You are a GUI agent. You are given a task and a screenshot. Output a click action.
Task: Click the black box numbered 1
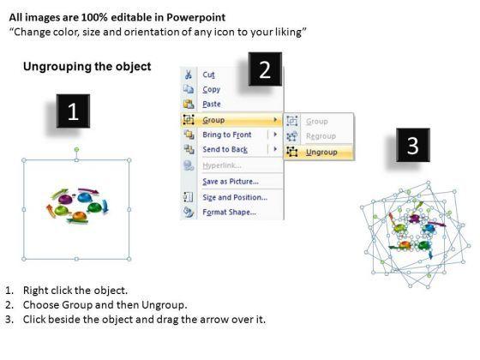click(x=73, y=111)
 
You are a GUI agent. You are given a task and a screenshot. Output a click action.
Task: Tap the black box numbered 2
click(x=265, y=69)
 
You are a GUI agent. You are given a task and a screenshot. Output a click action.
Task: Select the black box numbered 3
click(x=413, y=145)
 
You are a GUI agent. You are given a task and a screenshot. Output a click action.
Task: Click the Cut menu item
click(x=208, y=75)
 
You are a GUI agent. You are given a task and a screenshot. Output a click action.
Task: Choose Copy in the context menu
click(x=211, y=89)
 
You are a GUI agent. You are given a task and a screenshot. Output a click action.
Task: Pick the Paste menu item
click(x=212, y=104)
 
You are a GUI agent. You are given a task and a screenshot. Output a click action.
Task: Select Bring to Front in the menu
click(x=227, y=135)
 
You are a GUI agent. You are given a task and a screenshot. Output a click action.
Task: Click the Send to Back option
click(x=225, y=149)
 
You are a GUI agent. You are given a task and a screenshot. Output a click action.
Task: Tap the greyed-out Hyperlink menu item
click(x=222, y=165)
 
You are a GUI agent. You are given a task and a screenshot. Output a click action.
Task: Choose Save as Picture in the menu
click(x=231, y=182)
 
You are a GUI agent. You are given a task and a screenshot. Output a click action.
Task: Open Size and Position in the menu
click(x=235, y=197)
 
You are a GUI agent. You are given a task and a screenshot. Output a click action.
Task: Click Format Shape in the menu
click(x=230, y=213)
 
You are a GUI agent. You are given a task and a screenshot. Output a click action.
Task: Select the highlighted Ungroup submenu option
click(x=321, y=153)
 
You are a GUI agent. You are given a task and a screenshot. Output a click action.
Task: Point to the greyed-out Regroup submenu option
click(x=321, y=136)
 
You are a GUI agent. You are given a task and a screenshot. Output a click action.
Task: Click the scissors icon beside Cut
click(x=189, y=75)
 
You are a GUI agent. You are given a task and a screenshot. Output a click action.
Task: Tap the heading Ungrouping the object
click(x=87, y=67)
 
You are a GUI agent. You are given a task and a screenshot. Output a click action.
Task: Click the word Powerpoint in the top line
click(x=196, y=17)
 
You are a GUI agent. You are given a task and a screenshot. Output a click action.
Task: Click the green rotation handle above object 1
click(x=76, y=149)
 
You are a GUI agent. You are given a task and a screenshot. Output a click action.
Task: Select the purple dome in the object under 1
click(x=65, y=200)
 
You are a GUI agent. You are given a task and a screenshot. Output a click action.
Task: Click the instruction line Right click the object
click(x=75, y=291)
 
